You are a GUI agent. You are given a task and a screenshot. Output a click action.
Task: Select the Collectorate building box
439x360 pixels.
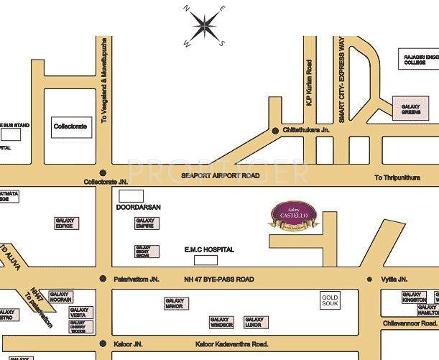[x=70, y=126]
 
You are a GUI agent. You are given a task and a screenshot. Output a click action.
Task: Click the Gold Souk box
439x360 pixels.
[x=330, y=300]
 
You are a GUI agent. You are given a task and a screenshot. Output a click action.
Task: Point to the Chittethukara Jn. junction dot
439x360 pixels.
[x=275, y=130]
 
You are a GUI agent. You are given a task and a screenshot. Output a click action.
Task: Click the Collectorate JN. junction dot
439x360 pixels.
[x=103, y=173]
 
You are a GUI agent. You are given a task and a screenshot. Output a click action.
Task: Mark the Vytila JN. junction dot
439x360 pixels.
[x=370, y=279]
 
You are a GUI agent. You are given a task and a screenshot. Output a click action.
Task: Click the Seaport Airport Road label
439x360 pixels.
[x=219, y=175]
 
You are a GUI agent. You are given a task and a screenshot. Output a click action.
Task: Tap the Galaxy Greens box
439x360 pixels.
[x=410, y=108]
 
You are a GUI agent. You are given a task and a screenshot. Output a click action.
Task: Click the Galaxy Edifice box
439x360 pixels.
[x=64, y=223]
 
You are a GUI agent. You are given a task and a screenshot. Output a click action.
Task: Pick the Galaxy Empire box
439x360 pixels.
[x=145, y=223]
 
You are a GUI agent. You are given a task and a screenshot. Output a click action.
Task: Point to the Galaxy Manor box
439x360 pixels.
[x=175, y=304]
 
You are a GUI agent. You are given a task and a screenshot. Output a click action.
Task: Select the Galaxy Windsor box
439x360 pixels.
[x=221, y=321]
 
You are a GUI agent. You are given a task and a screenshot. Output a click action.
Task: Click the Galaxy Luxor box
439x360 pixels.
[x=254, y=321]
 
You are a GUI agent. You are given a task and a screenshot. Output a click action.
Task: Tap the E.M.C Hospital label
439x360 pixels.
[x=209, y=249]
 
